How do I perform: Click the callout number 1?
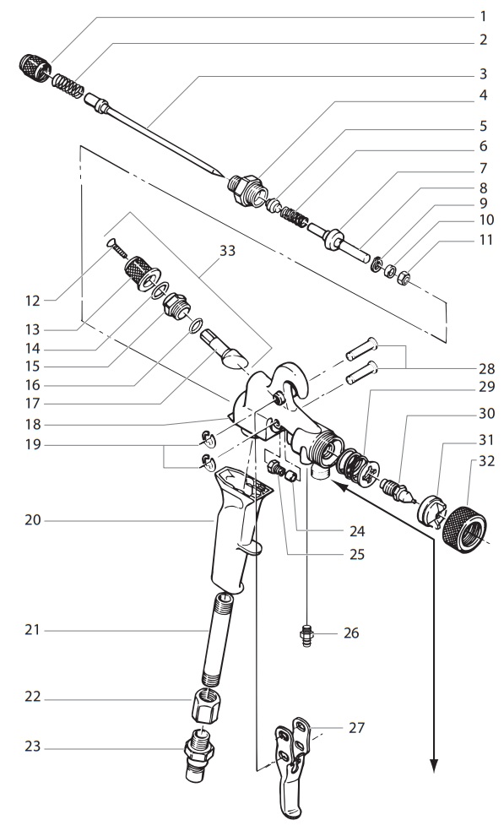tap(484, 15)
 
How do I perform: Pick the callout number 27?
tap(357, 727)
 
